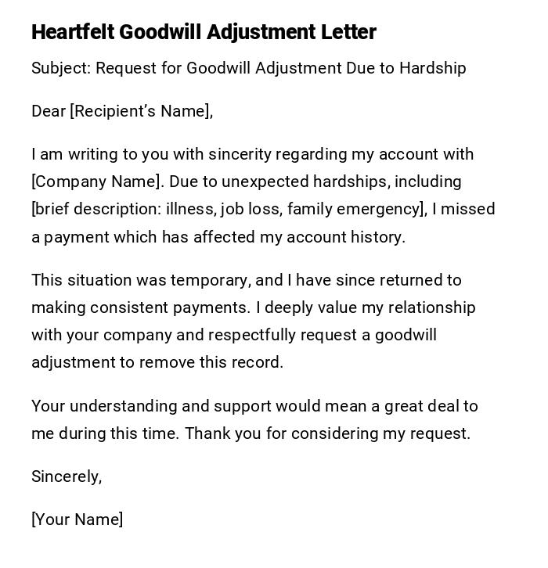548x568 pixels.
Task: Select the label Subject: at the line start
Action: tap(61, 68)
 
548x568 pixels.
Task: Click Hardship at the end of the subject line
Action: tap(432, 68)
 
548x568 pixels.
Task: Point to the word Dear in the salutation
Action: tap(49, 111)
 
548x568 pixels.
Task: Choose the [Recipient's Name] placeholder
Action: tap(141, 111)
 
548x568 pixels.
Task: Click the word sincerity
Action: tap(240, 154)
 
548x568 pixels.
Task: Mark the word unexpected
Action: tap(265, 182)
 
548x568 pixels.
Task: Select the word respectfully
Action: tap(252, 335)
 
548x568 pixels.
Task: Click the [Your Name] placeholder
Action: tap(77, 519)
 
